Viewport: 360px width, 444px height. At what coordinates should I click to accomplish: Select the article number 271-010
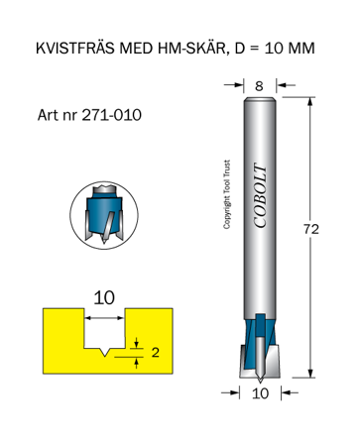tap(110, 115)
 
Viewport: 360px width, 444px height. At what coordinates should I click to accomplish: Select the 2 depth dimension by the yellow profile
tap(154, 351)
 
